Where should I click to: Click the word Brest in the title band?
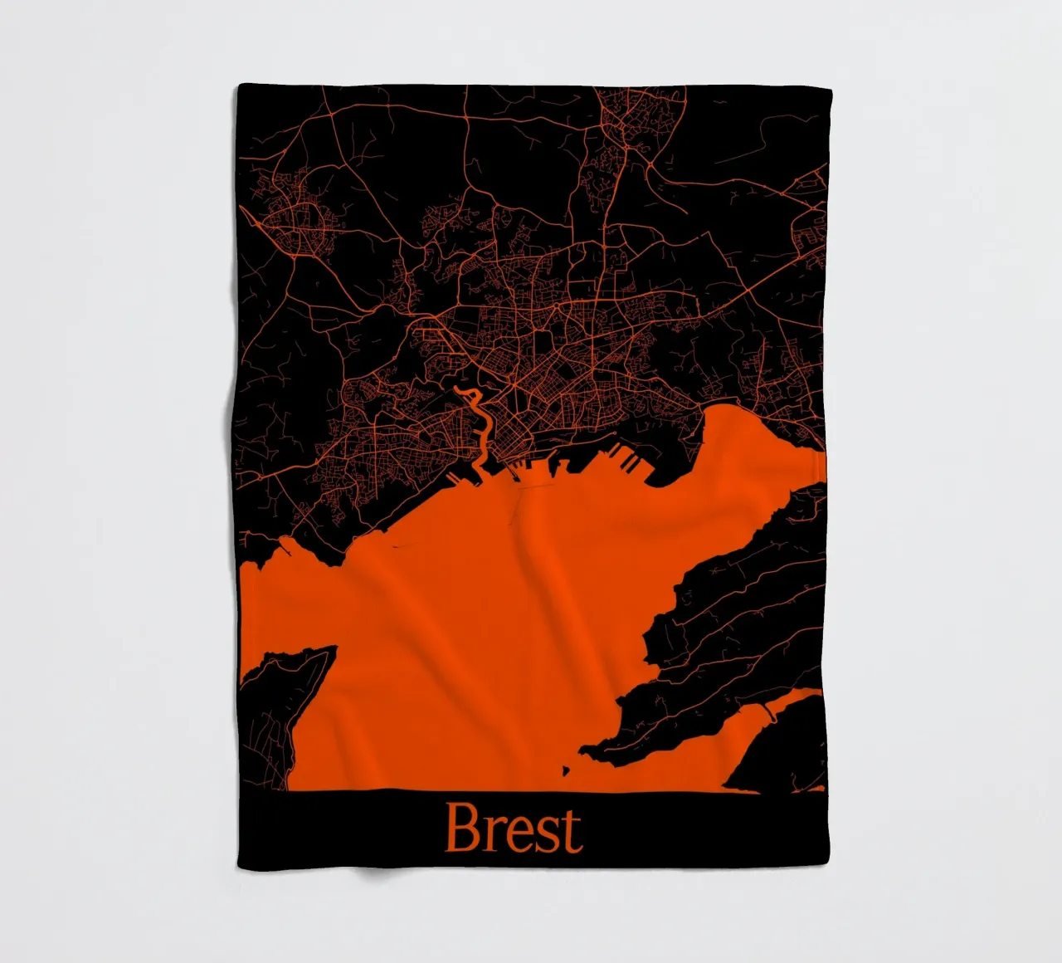click(514, 829)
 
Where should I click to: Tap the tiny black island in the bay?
click(567, 770)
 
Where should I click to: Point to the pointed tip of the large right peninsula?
click(583, 750)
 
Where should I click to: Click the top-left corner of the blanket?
click(239, 84)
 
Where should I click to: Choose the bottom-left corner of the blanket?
click(239, 864)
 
